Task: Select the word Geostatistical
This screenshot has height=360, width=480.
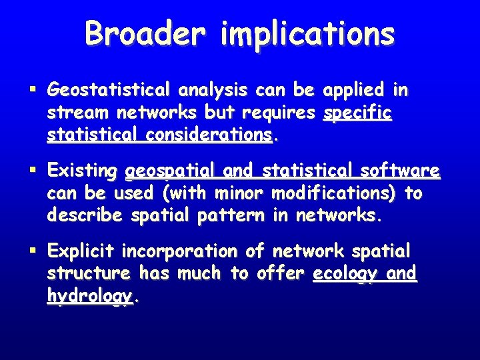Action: tap(109, 89)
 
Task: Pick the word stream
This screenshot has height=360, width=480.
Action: tap(73, 113)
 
